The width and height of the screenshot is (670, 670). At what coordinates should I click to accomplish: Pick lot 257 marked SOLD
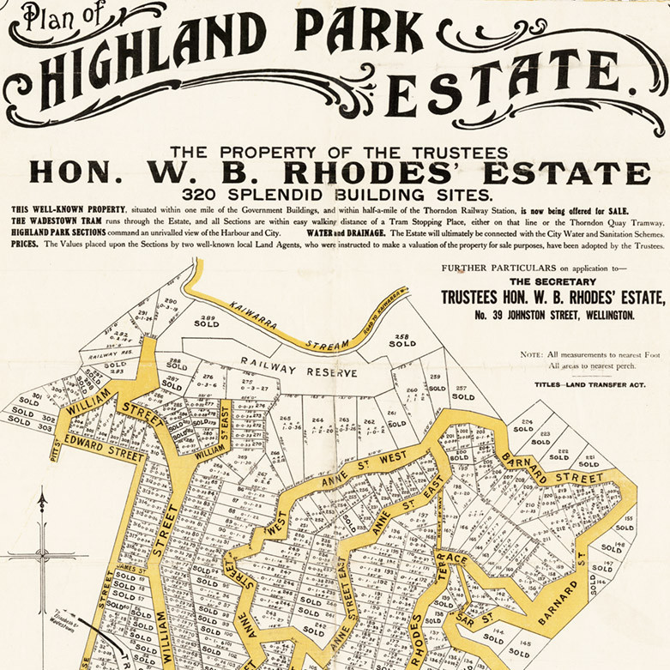463,392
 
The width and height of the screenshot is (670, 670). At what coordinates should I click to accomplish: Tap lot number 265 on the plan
285,418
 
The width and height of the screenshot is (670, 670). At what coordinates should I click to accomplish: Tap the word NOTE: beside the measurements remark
533,354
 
